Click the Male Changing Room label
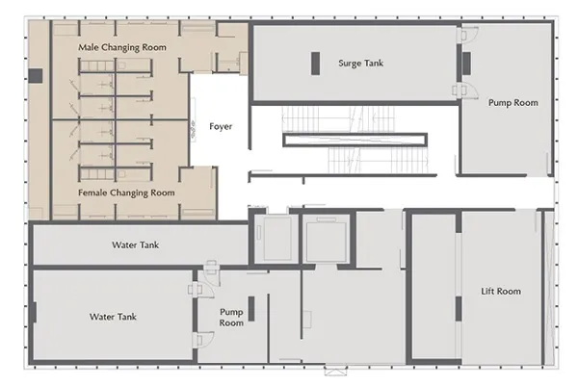pyautogui.click(x=122, y=47)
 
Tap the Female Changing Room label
pyautogui.click(x=126, y=193)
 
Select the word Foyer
pyautogui.click(x=221, y=127)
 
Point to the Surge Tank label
pyautogui.click(x=361, y=64)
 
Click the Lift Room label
pyautogui.click(x=501, y=292)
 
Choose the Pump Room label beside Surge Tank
pyautogui.click(x=513, y=103)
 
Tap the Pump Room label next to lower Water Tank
pyautogui.click(x=231, y=317)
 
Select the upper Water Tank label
pyautogui.click(x=135, y=244)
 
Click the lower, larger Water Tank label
pyautogui.click(x=113, y=317)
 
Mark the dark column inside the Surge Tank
pyautogui.click(x=315, y=64)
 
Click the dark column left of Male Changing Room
pyautogui.click(x=36, y=76)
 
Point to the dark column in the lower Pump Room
pyautogui.click(x=251, y=309)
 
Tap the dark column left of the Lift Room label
pyautogui.click(x=459, y=309)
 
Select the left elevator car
pyautogui.click(x=276, y=239)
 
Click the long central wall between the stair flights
pyautogui.click(x=355, y=141)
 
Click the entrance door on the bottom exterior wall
pyautogui.click(x=336, y=371)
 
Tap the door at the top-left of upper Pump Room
pyautogui.click(x=467, y=35)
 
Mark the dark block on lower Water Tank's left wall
pyautogui.click(x=35, y=312)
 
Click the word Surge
pyautogui.click(x=350, y=64)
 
